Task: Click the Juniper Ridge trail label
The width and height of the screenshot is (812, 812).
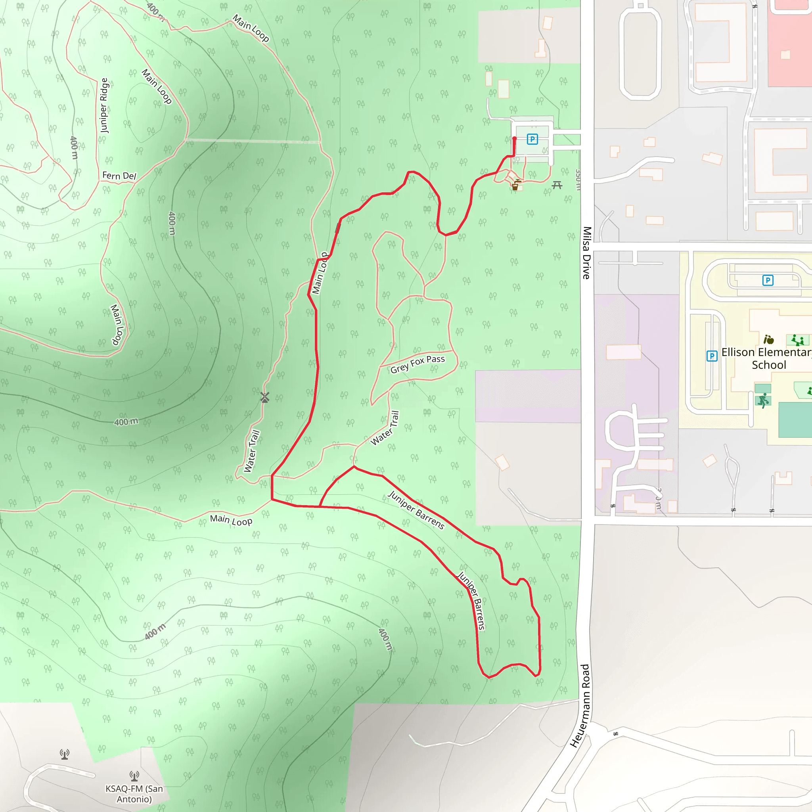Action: pyautogui.click(x=104, y=105)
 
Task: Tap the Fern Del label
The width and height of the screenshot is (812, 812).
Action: pyautogui.click(x=119, y=176)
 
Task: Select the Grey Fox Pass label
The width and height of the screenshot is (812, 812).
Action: pyautogui.click(x=417, y=364)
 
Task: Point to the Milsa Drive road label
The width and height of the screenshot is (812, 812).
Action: pyautogui.click(x=587, y=253)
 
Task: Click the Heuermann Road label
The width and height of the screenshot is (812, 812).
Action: pyautogui.click(x=580, y=706)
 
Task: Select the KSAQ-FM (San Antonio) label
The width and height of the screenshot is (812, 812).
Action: pyautogui.click(x=134, y=793)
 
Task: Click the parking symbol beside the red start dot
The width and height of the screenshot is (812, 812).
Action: pyautogui.click(x=532, y=139)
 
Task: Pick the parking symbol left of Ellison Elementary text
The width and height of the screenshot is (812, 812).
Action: pyautogui.click(x=712, y=356)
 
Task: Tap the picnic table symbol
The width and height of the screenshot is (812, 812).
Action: pyautogui.click(x=557, y=184)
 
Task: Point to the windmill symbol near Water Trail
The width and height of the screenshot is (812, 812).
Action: pyautogui.click(x=264, y=397)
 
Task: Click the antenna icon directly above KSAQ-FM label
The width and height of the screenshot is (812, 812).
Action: pyautogui.click(x=134, y=776)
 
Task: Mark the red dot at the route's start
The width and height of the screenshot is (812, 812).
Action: pyautogui.click(x=514, y=139)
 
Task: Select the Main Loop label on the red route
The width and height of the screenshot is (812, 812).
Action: pyautogui.click(x=320, y=273)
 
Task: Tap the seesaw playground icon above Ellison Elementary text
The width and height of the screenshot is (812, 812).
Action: pyautogui.click(x=797, y=340)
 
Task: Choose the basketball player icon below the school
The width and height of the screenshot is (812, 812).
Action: pyautogui.click(x=763, y=400)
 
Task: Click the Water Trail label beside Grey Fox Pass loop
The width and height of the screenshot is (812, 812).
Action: pyautogui.click(x=385, y=428)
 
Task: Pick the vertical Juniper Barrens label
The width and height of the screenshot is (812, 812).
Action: pyautogui.click(x=471, y=601)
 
